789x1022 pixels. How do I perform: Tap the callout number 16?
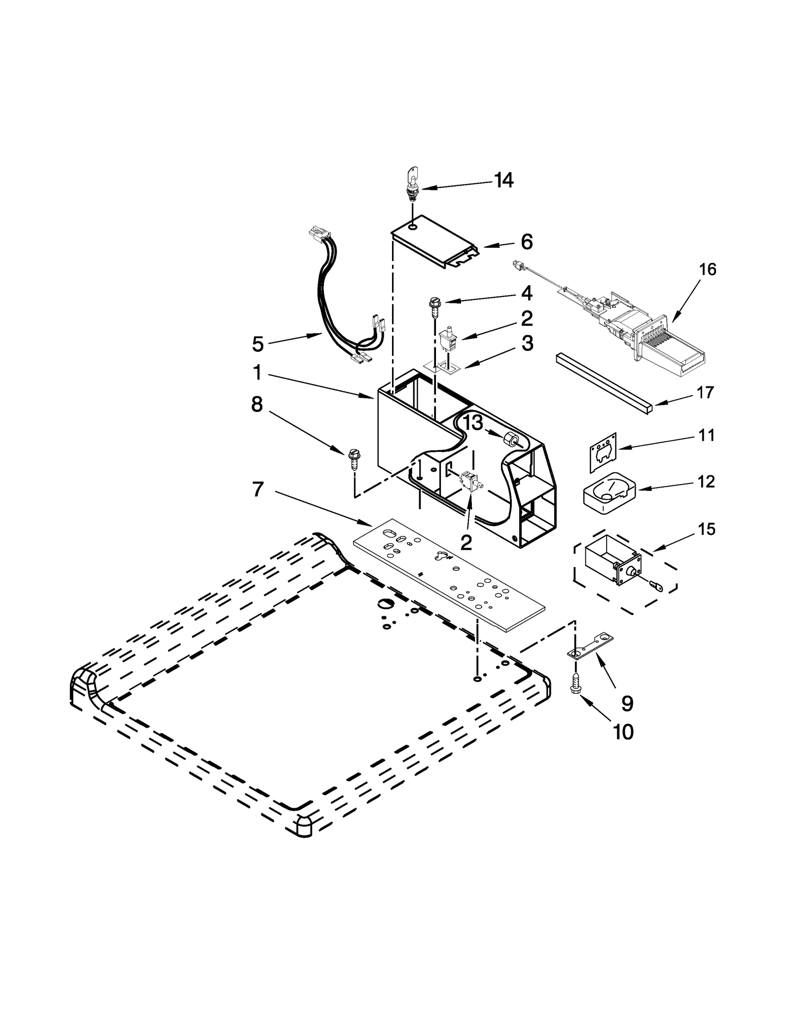[x=707, y=269]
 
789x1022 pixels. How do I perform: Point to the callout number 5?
[x=257, y=344]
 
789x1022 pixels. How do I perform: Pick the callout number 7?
[x=257, y=490]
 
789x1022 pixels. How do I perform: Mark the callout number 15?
[x=707, y=529]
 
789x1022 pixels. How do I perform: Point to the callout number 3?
[x=527, y=343]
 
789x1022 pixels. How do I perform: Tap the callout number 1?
[x=257, y=373]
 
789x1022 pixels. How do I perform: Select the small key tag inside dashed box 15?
[x=656, y=586]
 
